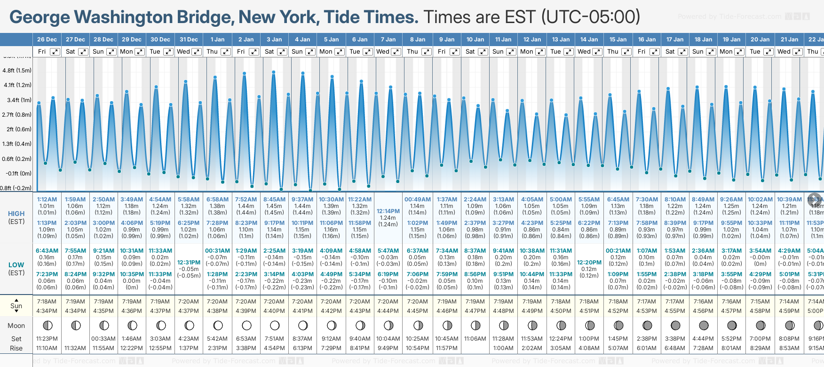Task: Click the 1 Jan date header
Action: point(217,40)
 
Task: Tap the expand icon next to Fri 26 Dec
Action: point(55,52)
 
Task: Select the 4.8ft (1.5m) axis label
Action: point(17,71)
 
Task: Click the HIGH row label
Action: point(16,214)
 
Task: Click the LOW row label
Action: point(16,265)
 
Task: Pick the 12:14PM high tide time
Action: point(388,211)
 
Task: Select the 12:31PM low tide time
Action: point(189,263)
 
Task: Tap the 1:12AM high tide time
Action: point(47,199)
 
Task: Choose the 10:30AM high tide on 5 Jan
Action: point(331,199)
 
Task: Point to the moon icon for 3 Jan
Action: point(275,325)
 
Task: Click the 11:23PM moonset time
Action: point(47,339)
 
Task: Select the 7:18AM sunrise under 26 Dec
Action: point(47,302)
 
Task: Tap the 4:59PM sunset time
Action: point(789,311)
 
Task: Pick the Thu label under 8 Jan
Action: point(412,52)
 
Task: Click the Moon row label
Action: point(16,326)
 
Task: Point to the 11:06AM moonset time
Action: point(475,339)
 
